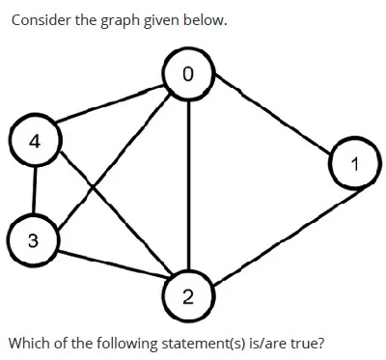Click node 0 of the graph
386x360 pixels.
[x=188, y=74]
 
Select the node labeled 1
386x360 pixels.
[x=353, y=163]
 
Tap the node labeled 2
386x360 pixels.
[x=188, y=294]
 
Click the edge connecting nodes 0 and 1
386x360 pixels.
[x=273, y=113]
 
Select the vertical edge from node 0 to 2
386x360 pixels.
[x=189, y=184]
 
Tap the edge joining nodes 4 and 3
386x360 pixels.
[x=35, y=190]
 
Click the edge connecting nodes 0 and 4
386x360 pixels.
[x=110, y=103]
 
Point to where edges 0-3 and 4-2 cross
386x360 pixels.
[x=93, y=186]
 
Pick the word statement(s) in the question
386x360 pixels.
[x=201, y=344]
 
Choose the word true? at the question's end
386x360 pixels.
[x=308, y=343]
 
